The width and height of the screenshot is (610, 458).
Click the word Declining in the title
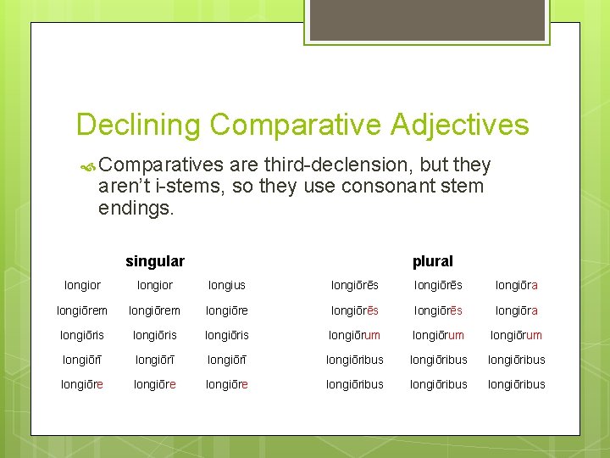tap(138, 125)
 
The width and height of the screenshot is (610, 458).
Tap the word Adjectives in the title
tap(460, 125)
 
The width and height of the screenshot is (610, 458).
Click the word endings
tap(136, 207)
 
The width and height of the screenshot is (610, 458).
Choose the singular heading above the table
tap(155, 261)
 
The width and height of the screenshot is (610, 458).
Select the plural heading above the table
tap(432, 261)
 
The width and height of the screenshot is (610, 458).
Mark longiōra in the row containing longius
tap(517, 286)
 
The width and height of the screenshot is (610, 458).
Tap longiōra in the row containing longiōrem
tap(517, 310)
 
